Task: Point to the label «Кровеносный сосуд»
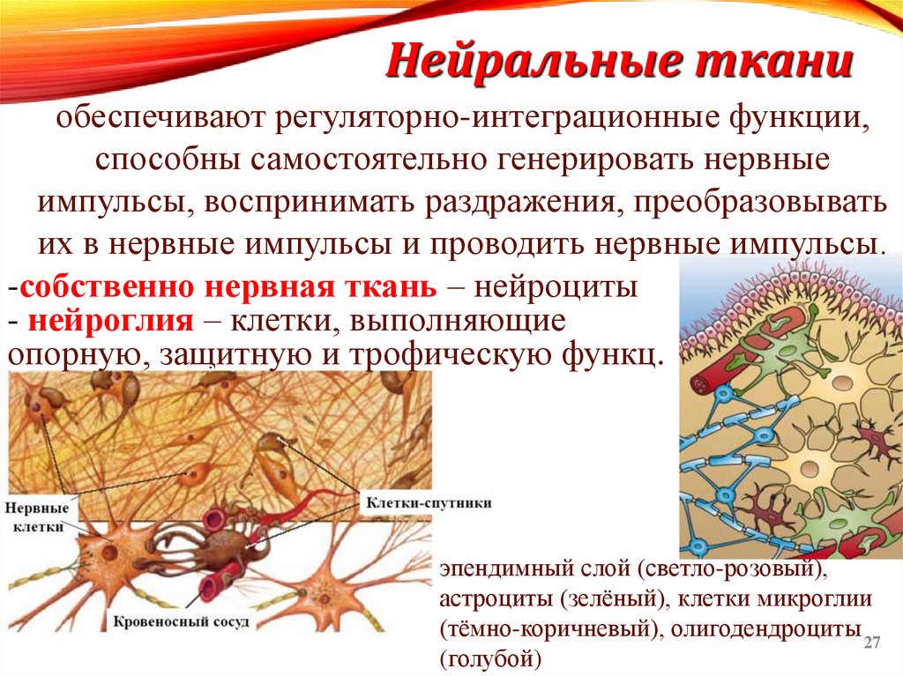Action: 183,620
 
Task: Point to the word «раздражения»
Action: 520,201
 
